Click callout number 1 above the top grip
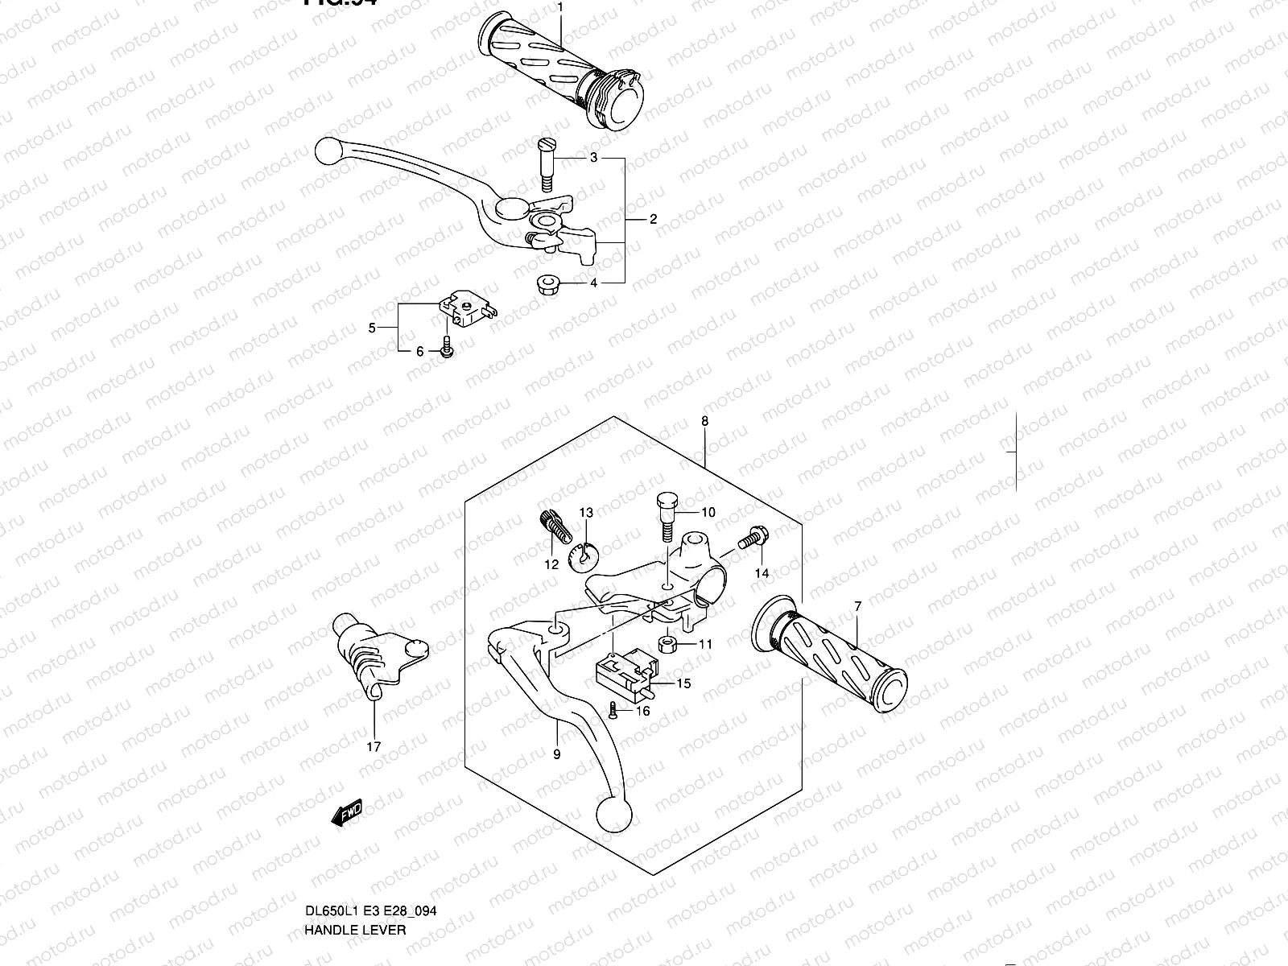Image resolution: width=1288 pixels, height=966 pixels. coord(560,7)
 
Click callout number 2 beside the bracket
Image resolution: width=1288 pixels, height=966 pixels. coord(653,219)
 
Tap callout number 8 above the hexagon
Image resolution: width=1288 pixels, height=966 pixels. coord(704,421)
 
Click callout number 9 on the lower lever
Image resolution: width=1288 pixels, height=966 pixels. coord(557,754)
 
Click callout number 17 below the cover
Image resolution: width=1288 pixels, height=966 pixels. coord(374,747)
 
